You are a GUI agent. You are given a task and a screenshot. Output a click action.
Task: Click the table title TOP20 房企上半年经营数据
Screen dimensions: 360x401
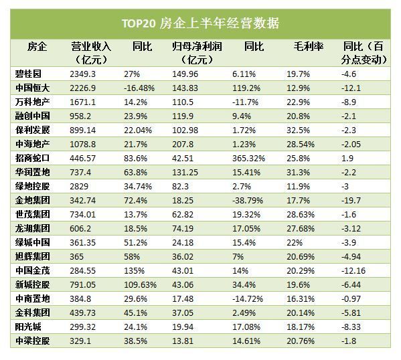coord(200,23)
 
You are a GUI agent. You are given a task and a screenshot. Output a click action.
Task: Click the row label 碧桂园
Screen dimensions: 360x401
coord(31,74)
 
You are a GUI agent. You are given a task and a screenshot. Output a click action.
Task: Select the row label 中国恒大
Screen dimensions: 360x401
coord(31,88)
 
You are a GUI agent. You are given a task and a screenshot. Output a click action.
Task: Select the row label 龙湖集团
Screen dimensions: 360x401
coord(31,228)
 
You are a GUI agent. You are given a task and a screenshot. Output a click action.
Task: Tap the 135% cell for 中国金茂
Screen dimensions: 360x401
coord(134,270)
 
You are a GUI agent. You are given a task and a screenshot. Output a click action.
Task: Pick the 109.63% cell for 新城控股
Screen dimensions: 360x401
coord(140,284)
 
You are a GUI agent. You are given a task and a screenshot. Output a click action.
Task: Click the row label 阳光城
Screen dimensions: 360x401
coord(29,327)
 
